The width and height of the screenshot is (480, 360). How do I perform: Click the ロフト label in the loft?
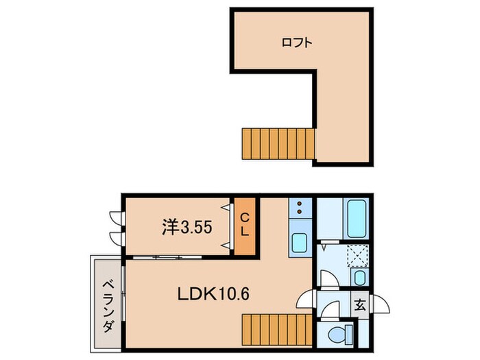[x=297, y=43]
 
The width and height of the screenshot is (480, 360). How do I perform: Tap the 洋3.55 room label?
[x=187, y=228]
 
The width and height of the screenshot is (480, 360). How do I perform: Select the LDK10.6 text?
[x=213, y=294]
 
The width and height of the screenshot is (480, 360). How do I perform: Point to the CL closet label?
[x=245, y=225]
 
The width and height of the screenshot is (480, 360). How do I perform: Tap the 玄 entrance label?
[x=360, y=305]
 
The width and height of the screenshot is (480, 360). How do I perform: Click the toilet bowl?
[x=340, y=334]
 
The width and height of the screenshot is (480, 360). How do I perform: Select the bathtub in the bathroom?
[x=357, y=219]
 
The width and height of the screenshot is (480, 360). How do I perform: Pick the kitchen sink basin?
[x=299, y=243]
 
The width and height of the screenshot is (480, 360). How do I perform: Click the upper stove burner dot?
[x=300, y=204]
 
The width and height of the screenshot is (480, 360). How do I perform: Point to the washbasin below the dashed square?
[x=360, y=277]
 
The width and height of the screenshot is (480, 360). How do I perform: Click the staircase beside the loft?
[x=278, y=144]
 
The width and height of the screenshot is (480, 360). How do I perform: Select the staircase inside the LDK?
[x=277, y=330]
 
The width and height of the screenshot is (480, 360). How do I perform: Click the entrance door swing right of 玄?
[x=380, y=304]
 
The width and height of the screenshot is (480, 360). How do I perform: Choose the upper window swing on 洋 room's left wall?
[x=116, y=217]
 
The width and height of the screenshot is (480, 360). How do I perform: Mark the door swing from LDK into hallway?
[x=306, y=299]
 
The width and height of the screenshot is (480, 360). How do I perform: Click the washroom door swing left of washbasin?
[x=329, y=278]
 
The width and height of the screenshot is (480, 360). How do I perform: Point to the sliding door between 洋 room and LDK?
[x=167, y=257]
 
